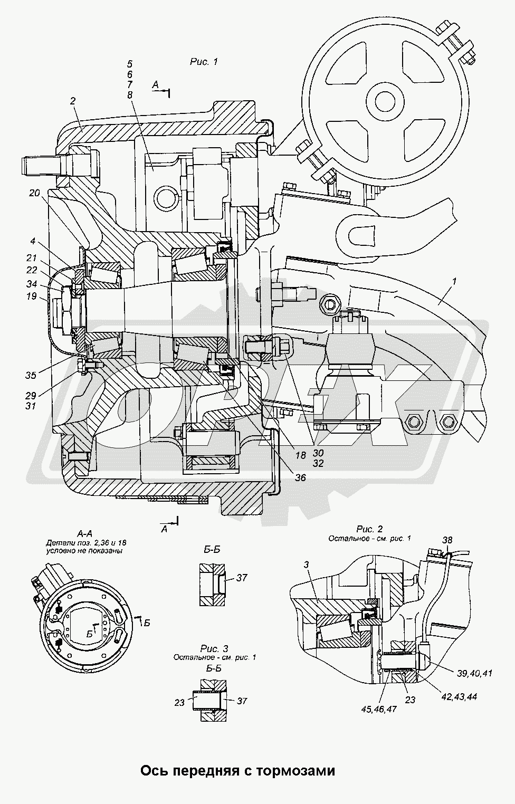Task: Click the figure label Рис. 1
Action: point(204,62)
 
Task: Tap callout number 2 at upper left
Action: point(72,101)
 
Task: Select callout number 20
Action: point(35,193)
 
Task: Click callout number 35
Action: point(31,375)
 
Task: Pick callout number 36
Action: point(300,477)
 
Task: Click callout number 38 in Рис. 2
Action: point(446,540)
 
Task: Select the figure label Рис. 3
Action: point(214,648)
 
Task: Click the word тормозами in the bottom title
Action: point(297,771)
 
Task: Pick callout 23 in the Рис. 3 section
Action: point(179,702)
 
